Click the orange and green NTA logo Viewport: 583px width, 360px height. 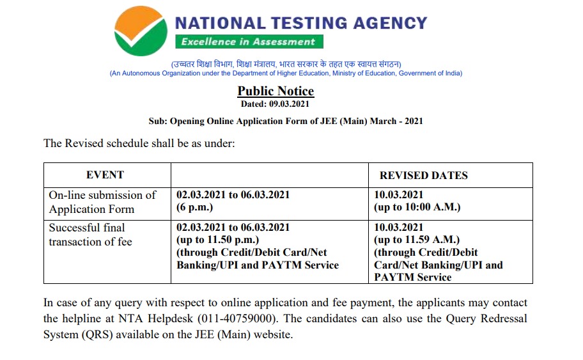(x=140, y=32)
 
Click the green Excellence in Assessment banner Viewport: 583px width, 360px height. (x=249, y=42)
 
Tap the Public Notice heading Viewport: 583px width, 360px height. (x=276, y=91)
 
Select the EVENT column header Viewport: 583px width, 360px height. (x=105, y=175)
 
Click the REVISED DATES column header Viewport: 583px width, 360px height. (x=423, y=175)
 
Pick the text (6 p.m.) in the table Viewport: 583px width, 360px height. (x=195, y=208)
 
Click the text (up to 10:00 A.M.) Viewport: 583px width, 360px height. (x=417, y=207)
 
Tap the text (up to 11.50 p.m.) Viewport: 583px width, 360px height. (x=217, y=240)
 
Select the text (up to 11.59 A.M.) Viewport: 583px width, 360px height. (x=416, y=240)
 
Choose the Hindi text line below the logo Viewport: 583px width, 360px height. (x=286, y=64)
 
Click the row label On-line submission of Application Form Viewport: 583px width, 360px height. (x=102, y=202)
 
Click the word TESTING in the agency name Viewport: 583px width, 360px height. (x=306, y=24)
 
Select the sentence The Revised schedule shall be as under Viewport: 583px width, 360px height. (x=139, y=143)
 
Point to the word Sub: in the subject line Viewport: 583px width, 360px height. (x=157, y=121)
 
